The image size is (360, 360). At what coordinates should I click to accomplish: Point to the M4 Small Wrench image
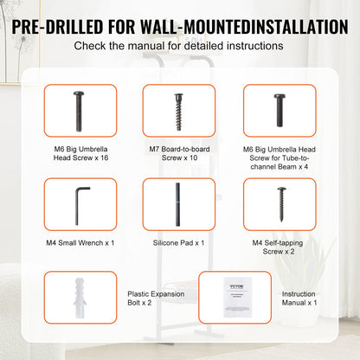[76, 204]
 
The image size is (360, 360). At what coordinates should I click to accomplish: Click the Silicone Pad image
[179, 204]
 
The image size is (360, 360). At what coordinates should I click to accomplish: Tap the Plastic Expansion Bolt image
[76, 296]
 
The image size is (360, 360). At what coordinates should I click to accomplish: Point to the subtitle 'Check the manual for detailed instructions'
[180, 44]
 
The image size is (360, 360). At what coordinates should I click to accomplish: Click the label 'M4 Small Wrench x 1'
[76, 243]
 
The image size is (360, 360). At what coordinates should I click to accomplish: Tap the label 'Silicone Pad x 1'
[179, 243]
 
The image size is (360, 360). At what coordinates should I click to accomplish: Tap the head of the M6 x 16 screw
[76, 93]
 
